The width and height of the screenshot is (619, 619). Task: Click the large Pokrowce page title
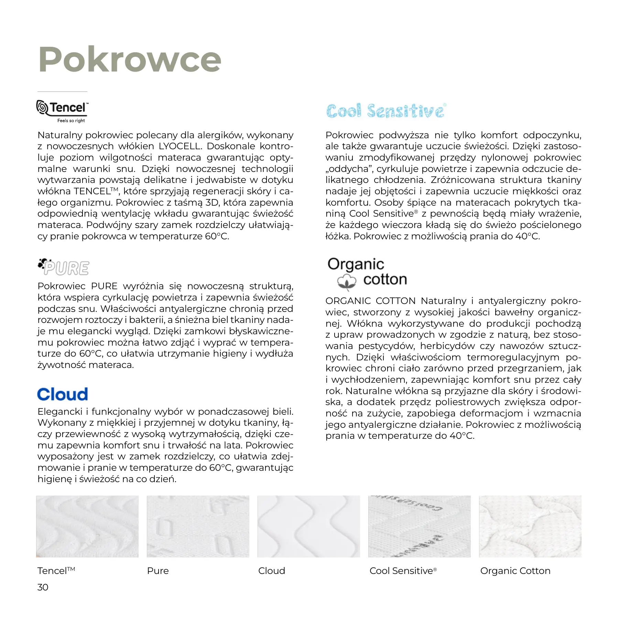point(130,59)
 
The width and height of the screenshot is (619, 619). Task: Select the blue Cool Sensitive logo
point(386,111)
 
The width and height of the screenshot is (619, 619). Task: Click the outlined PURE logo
point(64,268)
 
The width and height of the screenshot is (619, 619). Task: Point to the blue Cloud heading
point(63,394)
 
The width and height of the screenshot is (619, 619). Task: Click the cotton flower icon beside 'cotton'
point(347,282)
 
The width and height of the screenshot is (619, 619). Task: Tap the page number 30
point(43,587)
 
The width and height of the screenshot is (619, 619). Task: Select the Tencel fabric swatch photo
point(87,526)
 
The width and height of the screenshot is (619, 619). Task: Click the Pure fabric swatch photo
point(198,526)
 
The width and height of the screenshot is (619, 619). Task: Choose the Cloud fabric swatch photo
point(308,526)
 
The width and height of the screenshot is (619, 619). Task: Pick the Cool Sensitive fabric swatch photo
point(419,526)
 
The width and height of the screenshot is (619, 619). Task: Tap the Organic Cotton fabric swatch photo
point(530,526)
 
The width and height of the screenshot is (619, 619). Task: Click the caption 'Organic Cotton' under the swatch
point(515,571)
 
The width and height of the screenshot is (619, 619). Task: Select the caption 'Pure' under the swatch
point(158,571)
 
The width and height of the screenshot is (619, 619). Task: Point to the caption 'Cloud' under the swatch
point(272,571)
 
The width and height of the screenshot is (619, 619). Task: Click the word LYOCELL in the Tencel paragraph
point(180,146)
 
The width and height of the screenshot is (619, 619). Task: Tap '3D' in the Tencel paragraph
point(212,203)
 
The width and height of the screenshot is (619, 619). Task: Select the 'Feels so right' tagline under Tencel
point(71,121)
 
